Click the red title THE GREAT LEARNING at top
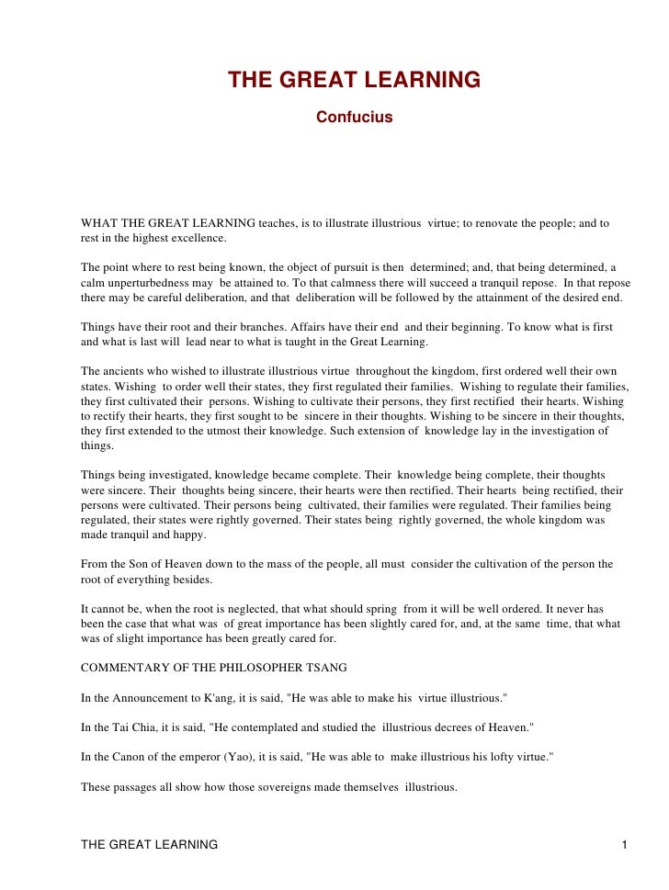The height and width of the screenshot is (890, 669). click(x=354, y=81)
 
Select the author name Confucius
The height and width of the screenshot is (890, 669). click(x=354, y=118)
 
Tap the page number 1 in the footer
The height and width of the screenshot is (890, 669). click(x=624, y=844)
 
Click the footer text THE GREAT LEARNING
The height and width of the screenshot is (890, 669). click(x=150, y=844)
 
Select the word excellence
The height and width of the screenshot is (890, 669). click(x=196, y=238)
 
